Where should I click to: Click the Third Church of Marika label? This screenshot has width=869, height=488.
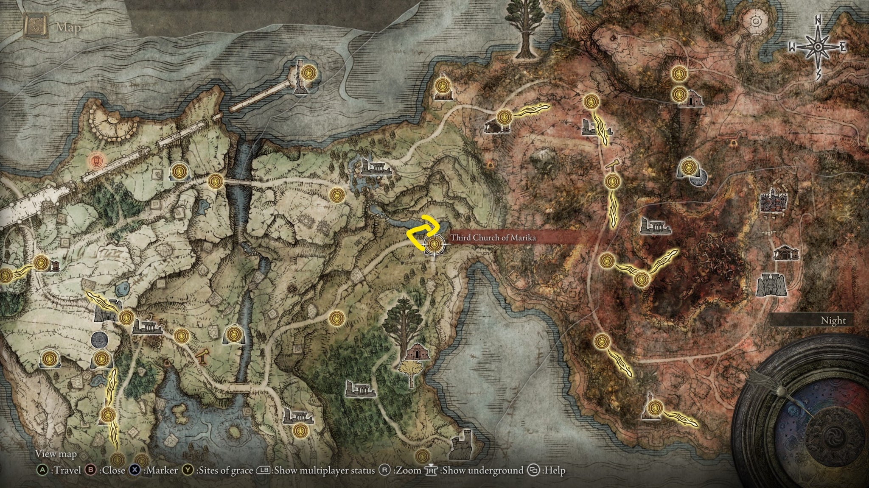coord(493,238)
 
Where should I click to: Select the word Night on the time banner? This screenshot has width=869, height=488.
coord(833,321)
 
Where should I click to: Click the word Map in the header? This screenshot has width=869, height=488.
coord(68,28)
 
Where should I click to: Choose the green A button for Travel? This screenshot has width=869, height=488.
coord(42,470)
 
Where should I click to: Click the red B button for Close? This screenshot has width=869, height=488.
coord(90,470)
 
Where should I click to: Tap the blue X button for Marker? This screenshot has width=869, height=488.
coord(135,470)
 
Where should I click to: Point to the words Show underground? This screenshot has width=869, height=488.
coord(482,470)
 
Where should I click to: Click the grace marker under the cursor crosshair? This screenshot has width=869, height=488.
coord(434,245)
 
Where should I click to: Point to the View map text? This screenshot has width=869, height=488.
coord(56,454)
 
